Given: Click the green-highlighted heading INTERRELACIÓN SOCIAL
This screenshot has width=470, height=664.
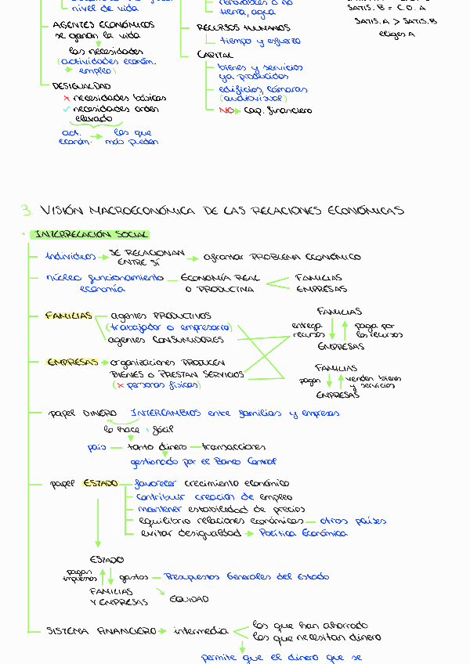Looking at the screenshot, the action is pos(90,235).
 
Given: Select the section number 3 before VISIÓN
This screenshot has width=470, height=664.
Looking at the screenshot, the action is pos(26,211).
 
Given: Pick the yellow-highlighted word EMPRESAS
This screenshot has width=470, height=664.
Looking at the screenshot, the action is pos(73,363).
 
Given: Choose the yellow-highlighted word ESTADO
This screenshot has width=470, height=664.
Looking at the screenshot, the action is pos(100,483).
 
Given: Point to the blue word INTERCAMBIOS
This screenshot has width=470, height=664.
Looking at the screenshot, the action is pos(165,413).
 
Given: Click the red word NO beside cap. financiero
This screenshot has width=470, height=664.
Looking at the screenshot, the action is pos(226,111).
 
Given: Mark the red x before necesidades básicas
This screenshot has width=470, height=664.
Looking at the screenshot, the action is pos(67,99).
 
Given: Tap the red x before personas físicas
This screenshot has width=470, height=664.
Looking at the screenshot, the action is pos(118,386).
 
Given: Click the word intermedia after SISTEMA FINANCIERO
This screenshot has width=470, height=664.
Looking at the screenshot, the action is pos(201,630).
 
